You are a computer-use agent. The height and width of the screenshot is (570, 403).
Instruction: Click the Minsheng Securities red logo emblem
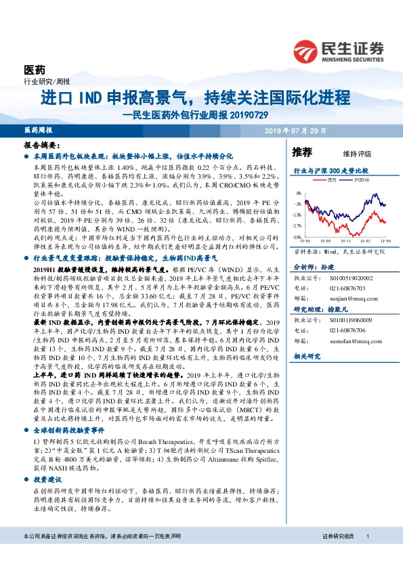[305, 49]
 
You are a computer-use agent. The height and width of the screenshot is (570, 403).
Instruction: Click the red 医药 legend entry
[330, 181]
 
